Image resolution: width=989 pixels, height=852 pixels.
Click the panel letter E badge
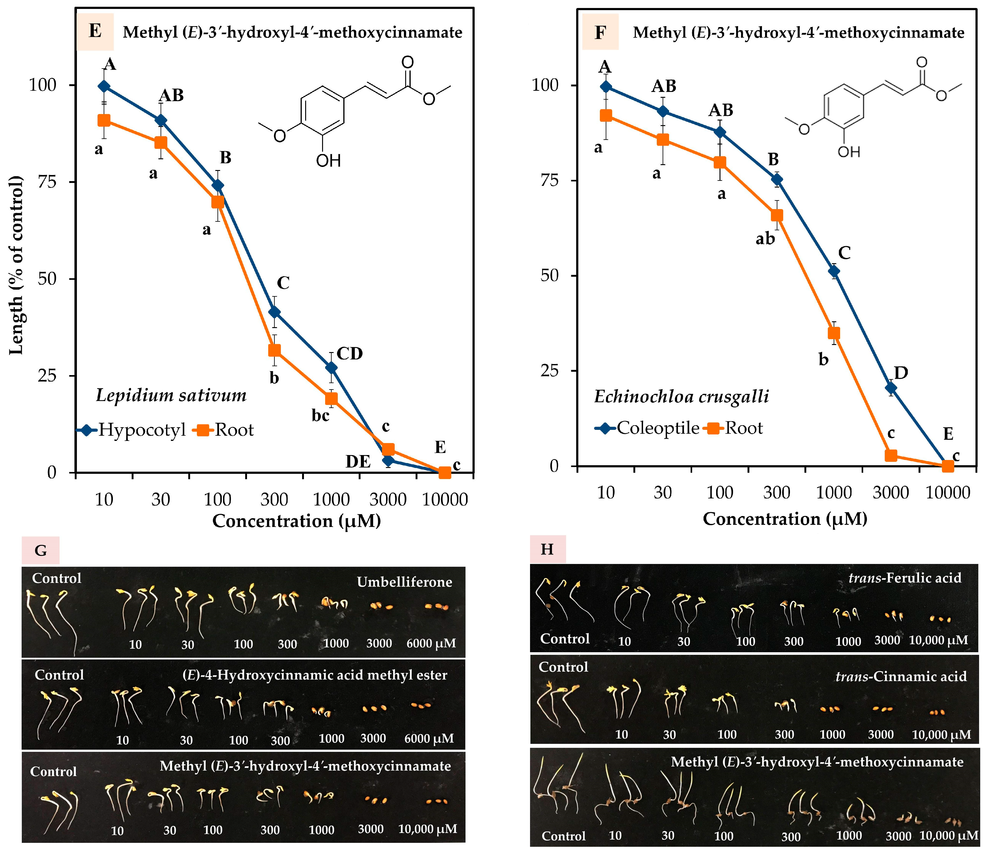(95, 31)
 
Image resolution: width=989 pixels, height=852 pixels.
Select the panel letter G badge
(41, 550)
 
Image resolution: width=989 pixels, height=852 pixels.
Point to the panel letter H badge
(547, 549)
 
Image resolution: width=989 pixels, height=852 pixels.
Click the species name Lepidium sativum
(171, 395)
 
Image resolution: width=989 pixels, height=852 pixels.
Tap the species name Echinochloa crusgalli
(681, 396)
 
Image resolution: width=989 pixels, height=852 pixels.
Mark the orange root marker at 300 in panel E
(274, 350)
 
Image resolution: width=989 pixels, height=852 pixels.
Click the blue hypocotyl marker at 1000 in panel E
(331, 368)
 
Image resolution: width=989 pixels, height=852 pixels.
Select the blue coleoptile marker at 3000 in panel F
(891, 388)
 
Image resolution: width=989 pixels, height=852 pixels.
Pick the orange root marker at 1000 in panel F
(834, 333)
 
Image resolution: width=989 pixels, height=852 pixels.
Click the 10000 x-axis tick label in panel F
(947, 492)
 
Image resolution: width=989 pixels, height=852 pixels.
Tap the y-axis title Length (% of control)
(16, 265)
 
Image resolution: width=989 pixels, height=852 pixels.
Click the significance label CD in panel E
(350, 354)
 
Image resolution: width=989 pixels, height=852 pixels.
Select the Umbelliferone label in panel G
(404, 582)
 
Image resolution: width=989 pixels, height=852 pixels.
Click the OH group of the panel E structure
(329, 160)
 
